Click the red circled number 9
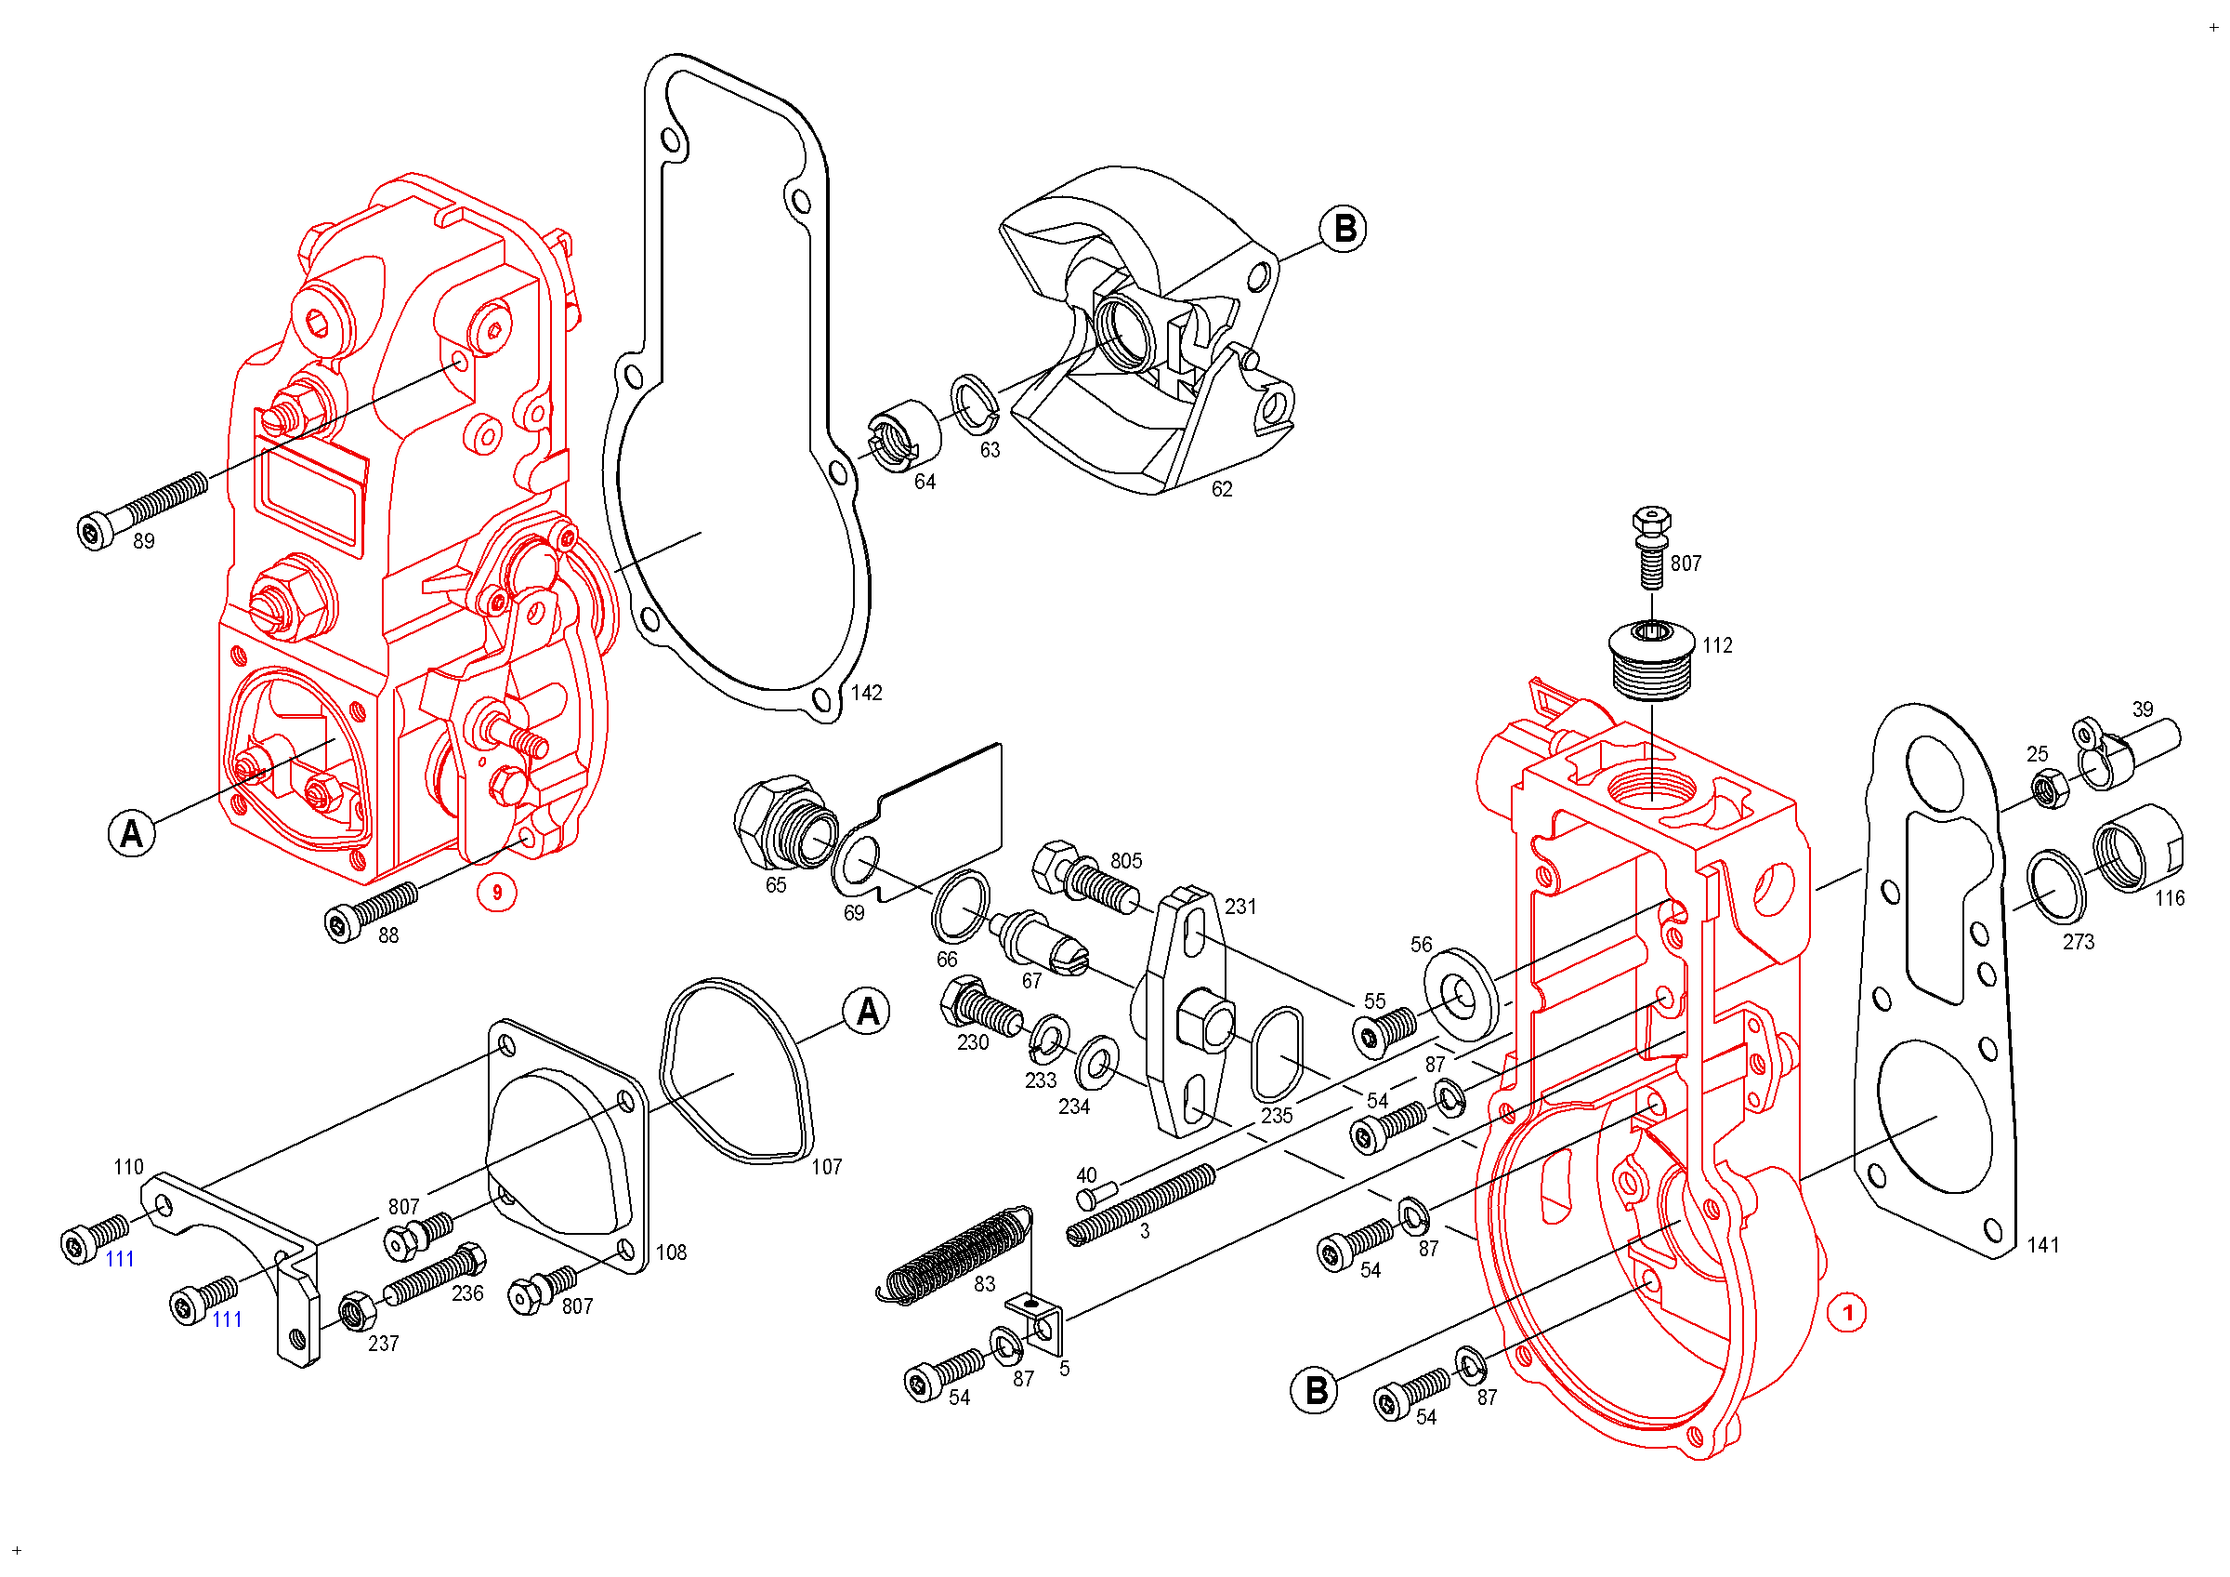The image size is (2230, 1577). pyautogui.click(x=496, y=892)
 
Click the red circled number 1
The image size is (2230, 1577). pyautogui.click(x=1846, y=1313)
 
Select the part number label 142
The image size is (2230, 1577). pyautogui.click(x=866, y=693)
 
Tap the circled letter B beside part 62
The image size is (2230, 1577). pyautogui.click(x=1345, y=230)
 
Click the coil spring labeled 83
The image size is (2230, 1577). pyautogui.click(x=957, y=1253)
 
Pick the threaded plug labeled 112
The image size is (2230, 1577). pyautogui.click(x=1651, y=661)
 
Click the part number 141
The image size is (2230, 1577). pyautogui.click(x=2041, y=1245)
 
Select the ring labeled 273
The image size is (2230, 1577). pyautogui.click(x=2055, y=888)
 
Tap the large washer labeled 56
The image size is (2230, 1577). pyautogui.click(x=1461, y=993)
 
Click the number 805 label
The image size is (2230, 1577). pyautogui.click(x=1125, y=861)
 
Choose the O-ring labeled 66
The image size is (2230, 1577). pyautogui.click(x=961, y=908)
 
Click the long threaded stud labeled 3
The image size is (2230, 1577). pyautogui.click(x=1141, y=1205)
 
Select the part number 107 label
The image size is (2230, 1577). pyautogui.click(x=827, y=1166)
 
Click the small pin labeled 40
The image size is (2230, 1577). pyautogui.click(x=1097, y=1195)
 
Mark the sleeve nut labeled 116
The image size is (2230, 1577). pyautogui.click(x=2138, y=847)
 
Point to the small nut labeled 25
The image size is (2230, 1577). pyautogui.click(x=2049, y=787)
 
